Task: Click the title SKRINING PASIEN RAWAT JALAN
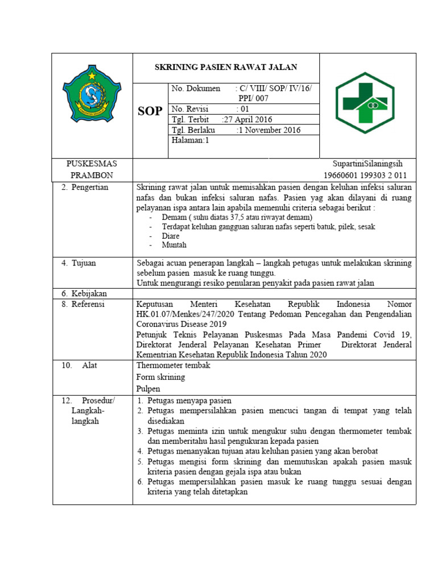(x=226, y=67)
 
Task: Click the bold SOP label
(x=150, y=111)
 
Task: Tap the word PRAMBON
(x=92, y=175)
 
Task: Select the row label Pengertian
(x=89, y=187)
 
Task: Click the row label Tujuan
(x=84, y=263)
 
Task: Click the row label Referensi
(x=89, y=304)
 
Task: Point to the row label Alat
(x=89, y=365)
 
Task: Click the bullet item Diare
(x=170, y=236)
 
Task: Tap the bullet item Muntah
(x=174, y=245)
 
